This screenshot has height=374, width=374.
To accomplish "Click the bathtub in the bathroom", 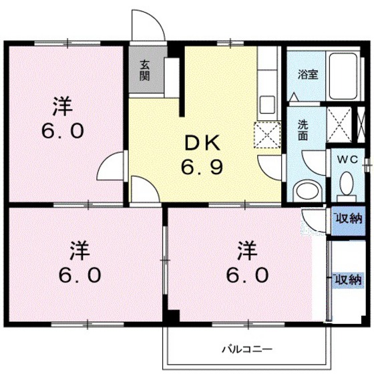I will pyautogui.click(x=341, y=73).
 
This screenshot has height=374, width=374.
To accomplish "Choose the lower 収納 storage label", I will pyautogui.click(x=347, y=279).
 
